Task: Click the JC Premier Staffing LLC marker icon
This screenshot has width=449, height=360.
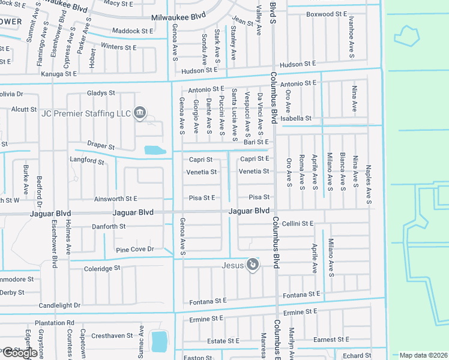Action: coord(139,112)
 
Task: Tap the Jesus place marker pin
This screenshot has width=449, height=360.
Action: coord(253,264)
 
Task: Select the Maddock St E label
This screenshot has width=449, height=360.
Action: coord(133,31)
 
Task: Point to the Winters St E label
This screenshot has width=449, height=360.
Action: coord(119,47)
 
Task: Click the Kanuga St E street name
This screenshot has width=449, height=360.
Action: coord(59,74)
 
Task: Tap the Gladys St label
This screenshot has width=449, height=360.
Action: coord(100,93)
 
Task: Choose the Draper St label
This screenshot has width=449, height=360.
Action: coord(100,146)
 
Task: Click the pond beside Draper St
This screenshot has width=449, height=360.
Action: coord(154,150)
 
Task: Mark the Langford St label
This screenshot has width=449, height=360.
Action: coord(87,160)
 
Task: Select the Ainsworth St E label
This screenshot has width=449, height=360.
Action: coord(116,198)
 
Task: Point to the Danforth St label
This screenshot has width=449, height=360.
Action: coord(109,226)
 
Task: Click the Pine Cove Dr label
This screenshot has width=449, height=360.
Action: coord(135,249)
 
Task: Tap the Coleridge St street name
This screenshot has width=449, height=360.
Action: coord(102,268)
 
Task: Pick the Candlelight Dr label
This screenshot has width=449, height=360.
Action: coord(59,305)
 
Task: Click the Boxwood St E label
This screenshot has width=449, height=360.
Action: coord(327,14)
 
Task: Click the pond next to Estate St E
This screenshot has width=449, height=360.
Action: coord(159,341)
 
